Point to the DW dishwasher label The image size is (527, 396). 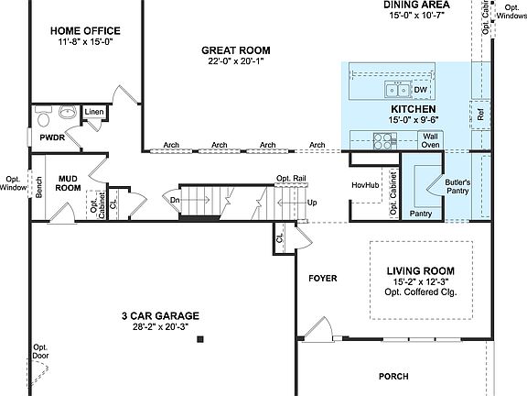pyautogui.click(x=421, y=90)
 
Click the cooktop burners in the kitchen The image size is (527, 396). pyautogui.click(x=385, y=140)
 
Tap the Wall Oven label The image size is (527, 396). pyautogui.click(x=430, y=140)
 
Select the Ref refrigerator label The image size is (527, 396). pyautogui.click(x=480, y=115)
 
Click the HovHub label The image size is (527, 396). pyautogui.click(x=366, y=185)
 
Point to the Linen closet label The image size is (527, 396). pyautogui.click(x=94, y=113)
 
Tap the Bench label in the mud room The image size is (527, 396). pyautogui.click(x=39, y=187)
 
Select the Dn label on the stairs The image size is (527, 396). pyautogui.click(x=174, y=199)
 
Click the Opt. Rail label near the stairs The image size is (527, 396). pyautogui.click(x=290, y=179)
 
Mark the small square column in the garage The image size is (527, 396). pyautogui.click(x=199, y=340)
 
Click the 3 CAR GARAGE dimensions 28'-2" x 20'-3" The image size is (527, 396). pyautogui.click(x=160, y=326)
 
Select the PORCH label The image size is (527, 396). pyautogui.click(x=393, y=376)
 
